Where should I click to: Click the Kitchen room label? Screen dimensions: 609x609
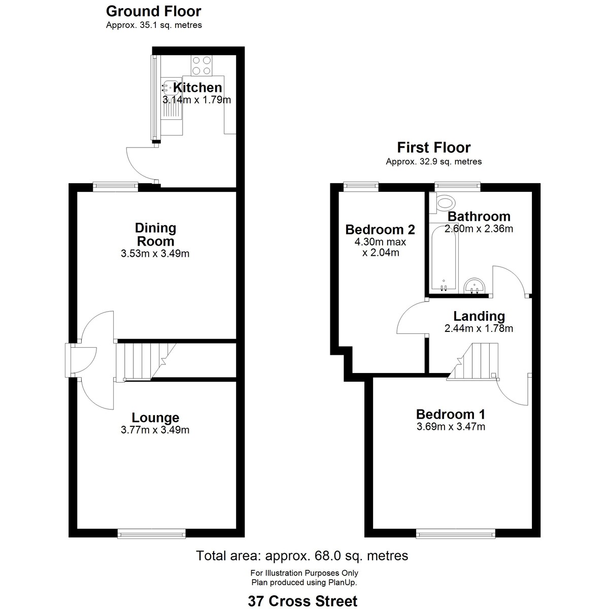pos(197,87)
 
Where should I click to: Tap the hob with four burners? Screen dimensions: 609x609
pos(201,65)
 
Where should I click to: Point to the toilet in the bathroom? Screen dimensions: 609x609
pos(443,202)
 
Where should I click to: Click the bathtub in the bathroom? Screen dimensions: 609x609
pos(444,258)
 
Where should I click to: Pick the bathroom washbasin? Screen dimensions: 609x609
pos(475,286)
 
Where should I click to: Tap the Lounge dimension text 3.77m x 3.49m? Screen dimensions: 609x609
pos(155,430)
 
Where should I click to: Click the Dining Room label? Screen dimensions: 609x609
pos(155,234)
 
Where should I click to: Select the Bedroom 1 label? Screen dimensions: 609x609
pos(451,414)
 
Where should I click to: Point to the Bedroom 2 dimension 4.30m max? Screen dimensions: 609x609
pos(380,242)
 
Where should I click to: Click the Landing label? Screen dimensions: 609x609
pos(479,316)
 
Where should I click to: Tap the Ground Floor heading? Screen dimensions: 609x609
pos(154,11)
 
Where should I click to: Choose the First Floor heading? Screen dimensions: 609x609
pos(434,148)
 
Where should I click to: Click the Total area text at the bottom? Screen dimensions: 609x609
pos(302,556)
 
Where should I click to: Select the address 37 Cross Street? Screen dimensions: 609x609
pos(303,601)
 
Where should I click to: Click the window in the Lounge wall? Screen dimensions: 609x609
pos(152,534)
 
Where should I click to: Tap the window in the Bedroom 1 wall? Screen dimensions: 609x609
pos(456,534)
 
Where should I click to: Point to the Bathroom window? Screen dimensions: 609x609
pos(458,187)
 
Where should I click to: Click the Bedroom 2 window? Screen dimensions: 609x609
pos(361,187)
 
